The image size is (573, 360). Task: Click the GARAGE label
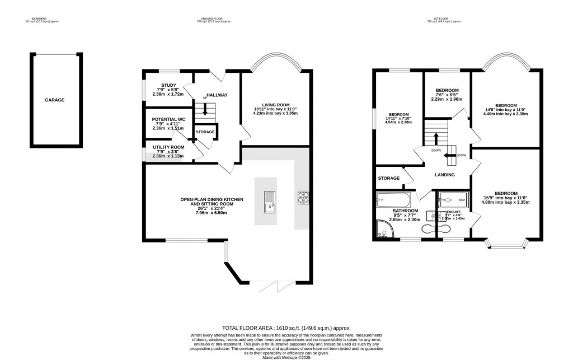click(55, 100)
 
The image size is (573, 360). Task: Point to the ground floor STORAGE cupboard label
click(205, 132)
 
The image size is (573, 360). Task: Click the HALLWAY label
click(217, 95)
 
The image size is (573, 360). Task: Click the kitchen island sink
click(269, 202)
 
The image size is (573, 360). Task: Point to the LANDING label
click(445, 175)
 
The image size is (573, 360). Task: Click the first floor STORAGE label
click(389, 178)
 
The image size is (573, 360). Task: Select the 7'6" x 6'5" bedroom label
click(447, 91)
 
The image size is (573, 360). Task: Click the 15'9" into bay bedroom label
click(506, 193)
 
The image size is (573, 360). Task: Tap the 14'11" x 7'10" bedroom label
click(398, 114)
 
